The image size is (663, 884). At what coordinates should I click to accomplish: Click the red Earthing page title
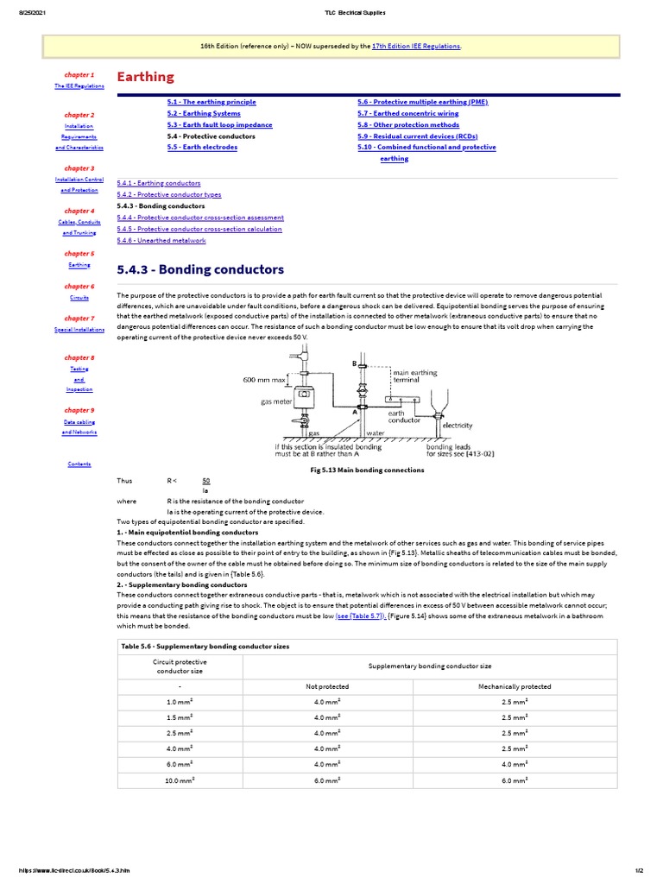point(145,78)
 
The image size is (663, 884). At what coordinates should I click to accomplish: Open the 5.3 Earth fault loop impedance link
point(219,125)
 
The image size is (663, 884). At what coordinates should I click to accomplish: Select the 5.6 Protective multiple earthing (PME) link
point(422,102)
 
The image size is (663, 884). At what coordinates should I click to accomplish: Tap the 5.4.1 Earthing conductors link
point(159,184)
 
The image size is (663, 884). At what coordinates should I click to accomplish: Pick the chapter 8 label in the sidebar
point(79,357)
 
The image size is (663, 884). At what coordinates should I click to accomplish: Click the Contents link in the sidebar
point(79,464)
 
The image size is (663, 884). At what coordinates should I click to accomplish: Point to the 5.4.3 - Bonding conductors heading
point(200,270)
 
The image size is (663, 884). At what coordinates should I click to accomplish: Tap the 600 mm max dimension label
point(264,379)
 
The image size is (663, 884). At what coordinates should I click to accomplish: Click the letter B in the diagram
point(354,364)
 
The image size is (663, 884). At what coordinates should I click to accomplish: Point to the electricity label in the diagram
point(458,426)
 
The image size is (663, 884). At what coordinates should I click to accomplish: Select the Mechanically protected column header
point(515,687)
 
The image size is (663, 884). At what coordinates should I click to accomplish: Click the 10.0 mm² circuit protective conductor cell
point(180,780)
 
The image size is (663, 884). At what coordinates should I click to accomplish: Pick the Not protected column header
point(327,687)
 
